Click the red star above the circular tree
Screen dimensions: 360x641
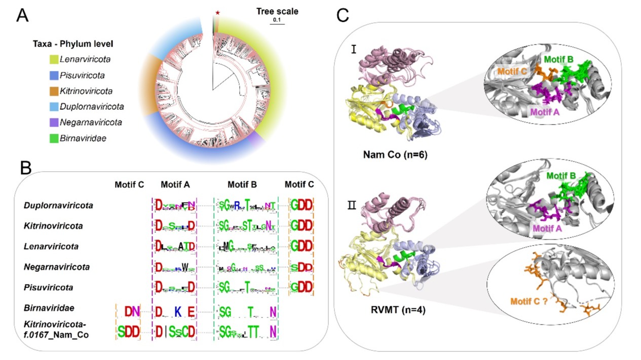217,12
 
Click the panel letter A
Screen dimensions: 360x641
22,16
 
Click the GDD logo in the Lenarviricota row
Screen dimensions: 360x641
301,246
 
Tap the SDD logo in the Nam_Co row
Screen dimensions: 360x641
128,332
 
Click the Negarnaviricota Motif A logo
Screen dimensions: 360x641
174,266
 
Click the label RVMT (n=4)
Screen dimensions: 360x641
397,308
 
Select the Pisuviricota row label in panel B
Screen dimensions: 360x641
48,287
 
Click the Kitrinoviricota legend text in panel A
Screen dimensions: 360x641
86,91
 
